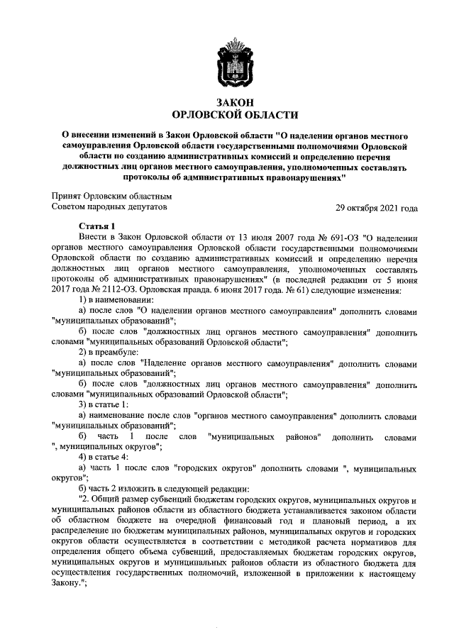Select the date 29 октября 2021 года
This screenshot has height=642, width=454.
tap(377, 208)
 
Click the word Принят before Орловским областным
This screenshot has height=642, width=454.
tap(67, 197)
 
